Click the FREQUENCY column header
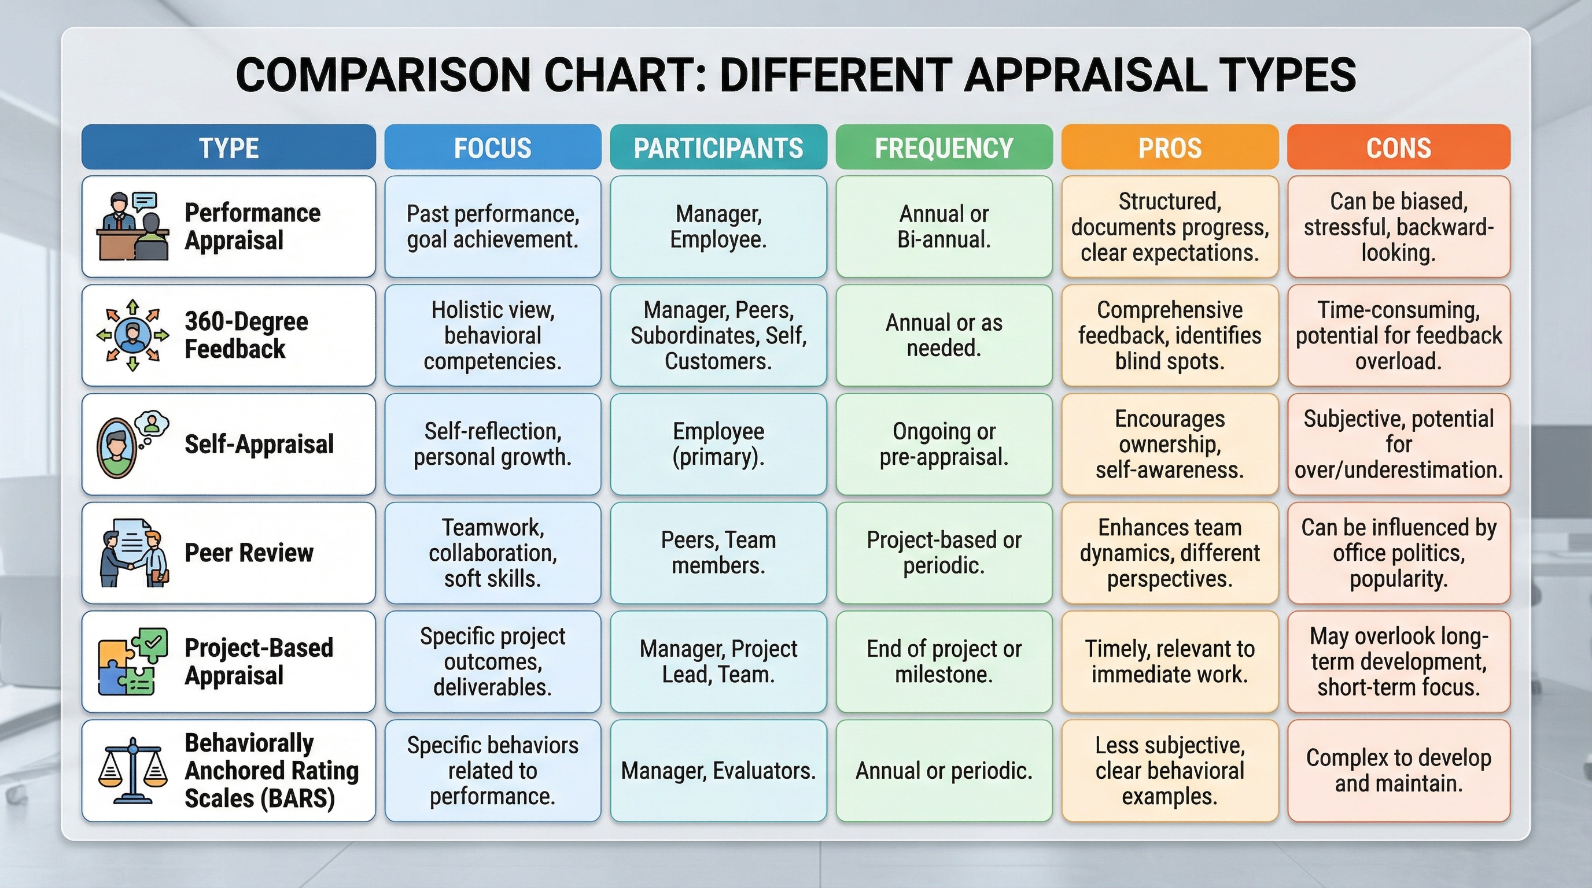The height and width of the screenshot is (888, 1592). point(944,147)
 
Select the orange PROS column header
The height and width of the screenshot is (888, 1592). point(1169,147)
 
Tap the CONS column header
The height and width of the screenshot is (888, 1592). point(1398,147)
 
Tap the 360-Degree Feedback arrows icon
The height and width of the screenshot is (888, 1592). point(133,335)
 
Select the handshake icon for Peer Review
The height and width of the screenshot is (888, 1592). point(133,553)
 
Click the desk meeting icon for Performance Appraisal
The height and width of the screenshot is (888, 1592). point(133,227)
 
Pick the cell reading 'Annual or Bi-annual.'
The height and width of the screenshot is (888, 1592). point(944,227)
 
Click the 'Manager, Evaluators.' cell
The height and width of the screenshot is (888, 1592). point(718,771)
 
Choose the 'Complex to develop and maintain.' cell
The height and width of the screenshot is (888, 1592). point(1398,771)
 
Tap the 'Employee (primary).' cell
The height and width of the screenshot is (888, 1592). point(718,444)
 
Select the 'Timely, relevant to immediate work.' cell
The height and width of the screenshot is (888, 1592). point(1169,661)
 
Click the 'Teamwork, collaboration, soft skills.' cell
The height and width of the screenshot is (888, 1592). point(492,553)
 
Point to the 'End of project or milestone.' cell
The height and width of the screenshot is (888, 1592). point(944,661)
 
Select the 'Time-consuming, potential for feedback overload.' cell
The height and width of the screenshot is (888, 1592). point(1398,335)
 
